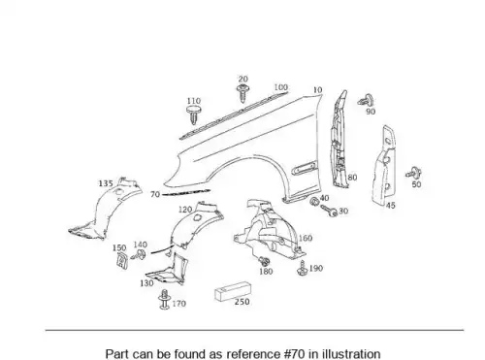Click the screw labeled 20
pyautogui.click(x=242, y=92)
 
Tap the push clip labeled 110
pyautogui.click(x=193, y=115)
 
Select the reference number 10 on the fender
pyautogui.click(x=317, y=90)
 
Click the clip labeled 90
pyautogui.click(x=366, y=100)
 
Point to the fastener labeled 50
pyautogui.click(x=414, y=173)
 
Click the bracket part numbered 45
pyautogui.click(x=383, y=165)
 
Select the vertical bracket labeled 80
pyautogui.click(x=339, y=139)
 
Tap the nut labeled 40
pyautogui.click(x=313, y=202)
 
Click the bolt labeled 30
pyautogui.click(x=329, y=211)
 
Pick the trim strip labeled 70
pyautogui.click(x=186, y=193)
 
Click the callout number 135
pyautogui.click(x=106, y=183)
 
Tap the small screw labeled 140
pyautogui.click(x=139, y=255)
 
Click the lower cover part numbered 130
pyautogui.click(x=166, y=272)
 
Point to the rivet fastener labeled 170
pyautogui.click(x=165, y=299)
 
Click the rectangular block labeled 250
pyautogui.click(x=233, y=291)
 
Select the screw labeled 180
pyautogui.click(x=264, y=261)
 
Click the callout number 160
pyautogui.click(x=305, y=239)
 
